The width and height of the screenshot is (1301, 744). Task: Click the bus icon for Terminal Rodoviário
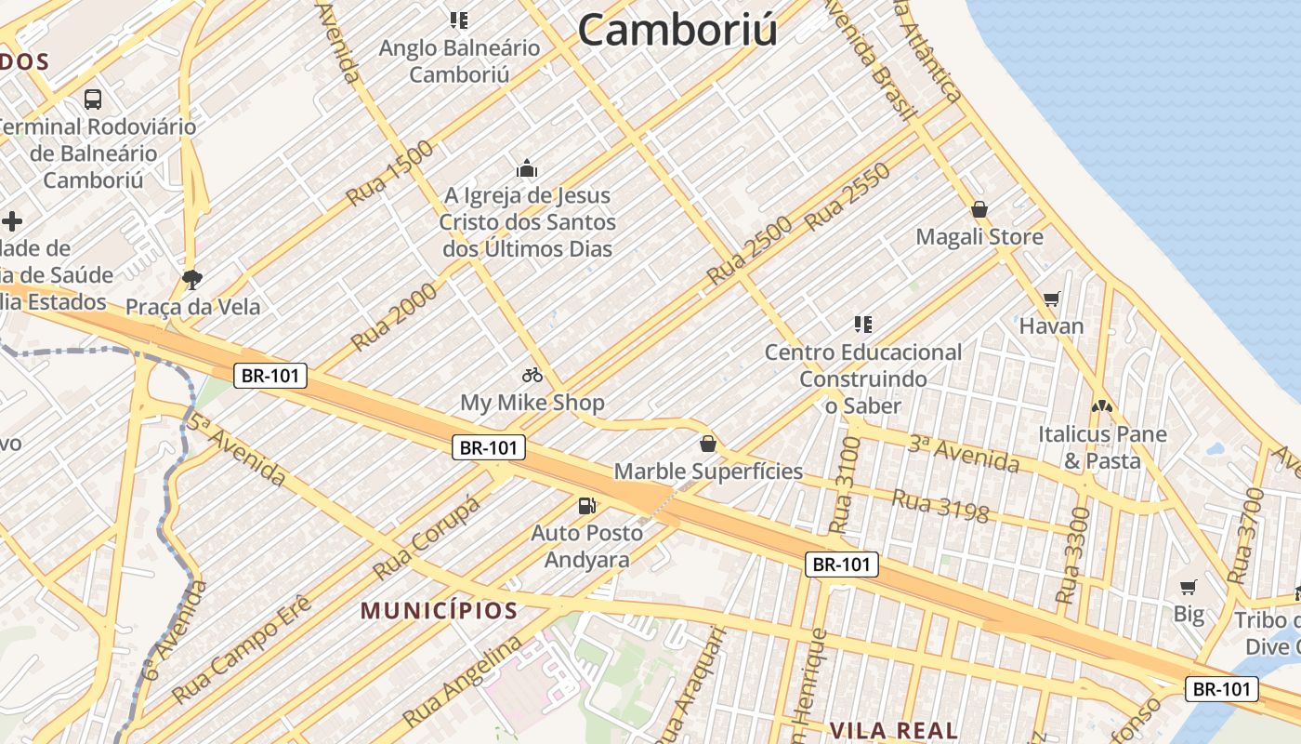pos(93,99)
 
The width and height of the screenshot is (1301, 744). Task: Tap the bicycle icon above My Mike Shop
pos(532,375)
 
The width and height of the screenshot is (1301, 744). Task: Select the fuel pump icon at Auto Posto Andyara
pos(587,506)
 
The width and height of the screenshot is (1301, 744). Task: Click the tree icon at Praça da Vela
pos(192,278)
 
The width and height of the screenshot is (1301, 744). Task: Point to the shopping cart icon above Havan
pos(1051,299)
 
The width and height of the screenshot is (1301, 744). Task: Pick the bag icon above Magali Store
pos(979,209)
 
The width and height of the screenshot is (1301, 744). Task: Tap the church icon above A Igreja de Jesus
pos(527,168)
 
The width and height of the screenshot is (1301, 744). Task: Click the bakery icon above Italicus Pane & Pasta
pos(1102,406)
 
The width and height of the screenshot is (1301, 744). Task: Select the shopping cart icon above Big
pos(1189,587)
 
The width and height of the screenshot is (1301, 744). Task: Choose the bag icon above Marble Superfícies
pos(708,444)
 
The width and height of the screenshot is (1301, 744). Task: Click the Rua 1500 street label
pos(390,173)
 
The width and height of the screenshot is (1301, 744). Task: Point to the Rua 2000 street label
pos(394,317)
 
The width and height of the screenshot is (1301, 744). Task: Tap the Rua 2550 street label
pos(848,196)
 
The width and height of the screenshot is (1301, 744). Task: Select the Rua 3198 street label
pos(940,505)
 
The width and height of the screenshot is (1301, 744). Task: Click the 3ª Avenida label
pos(964,453)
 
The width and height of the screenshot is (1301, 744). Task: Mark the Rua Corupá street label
pos(427,537)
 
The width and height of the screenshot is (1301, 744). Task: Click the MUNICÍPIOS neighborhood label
pos(439,611)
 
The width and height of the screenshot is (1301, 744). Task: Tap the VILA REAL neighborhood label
pos(893,730)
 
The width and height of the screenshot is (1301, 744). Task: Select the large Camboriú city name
pos(677,30)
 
